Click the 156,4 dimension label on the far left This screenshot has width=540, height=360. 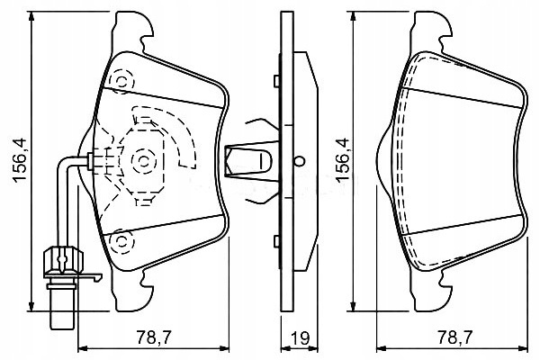(19, 160)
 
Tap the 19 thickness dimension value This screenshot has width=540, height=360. (301, 338)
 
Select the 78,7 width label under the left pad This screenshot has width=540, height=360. (154, 337)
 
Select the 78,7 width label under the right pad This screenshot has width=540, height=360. (454, 337)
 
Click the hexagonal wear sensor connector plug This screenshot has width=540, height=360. (63, 258)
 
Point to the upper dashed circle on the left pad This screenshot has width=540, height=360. (121, 82)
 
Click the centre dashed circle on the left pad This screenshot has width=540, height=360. (143, 161)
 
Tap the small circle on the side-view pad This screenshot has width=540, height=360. (300, 160)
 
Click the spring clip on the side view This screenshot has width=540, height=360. (248, 161)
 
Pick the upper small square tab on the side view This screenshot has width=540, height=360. (276, 81)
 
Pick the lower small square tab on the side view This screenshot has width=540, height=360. (276, 241)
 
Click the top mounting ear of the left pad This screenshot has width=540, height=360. (133, 31)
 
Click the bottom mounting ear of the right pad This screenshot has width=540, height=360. (432, 291)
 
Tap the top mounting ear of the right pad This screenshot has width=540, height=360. (432, 31)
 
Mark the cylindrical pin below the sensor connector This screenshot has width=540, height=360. (62, 309)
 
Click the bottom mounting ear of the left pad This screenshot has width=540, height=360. (133, 291)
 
